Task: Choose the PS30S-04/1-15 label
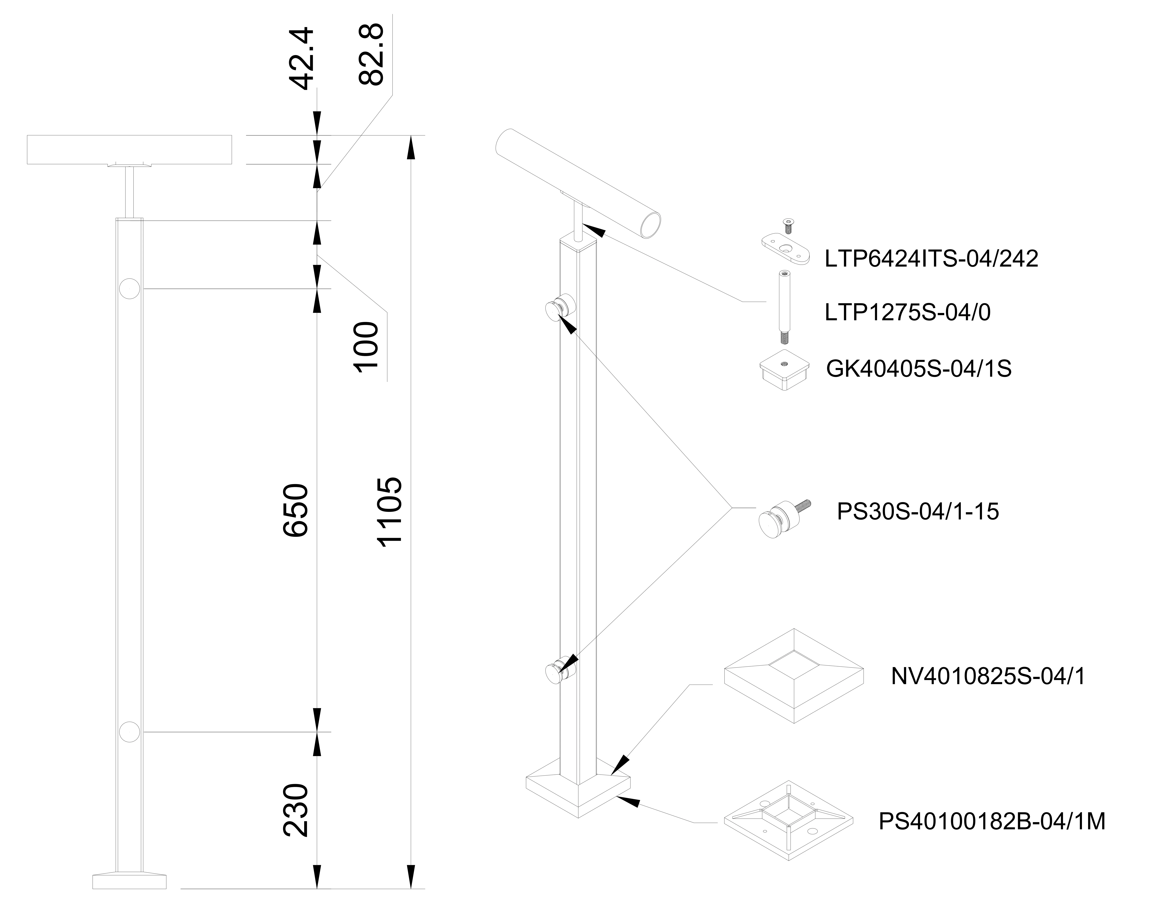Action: coord(918,512)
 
